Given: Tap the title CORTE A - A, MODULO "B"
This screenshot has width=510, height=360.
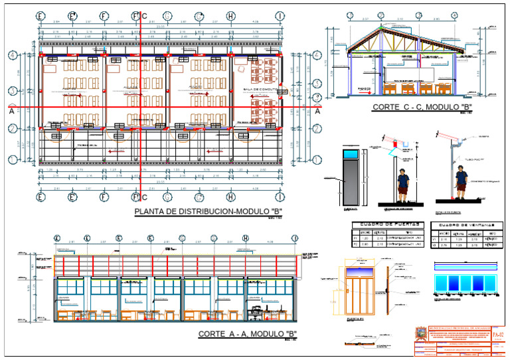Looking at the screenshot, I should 247,334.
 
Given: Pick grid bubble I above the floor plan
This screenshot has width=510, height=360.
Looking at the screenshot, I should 281,15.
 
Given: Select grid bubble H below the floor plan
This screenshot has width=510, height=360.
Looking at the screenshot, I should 230,197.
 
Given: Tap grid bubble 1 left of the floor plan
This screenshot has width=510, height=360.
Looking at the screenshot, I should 11,159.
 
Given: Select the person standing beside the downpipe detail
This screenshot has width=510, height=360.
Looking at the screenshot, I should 460,183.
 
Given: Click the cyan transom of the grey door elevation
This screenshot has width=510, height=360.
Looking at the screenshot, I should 352,154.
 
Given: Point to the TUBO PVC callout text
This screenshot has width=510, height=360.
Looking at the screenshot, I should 473,159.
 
